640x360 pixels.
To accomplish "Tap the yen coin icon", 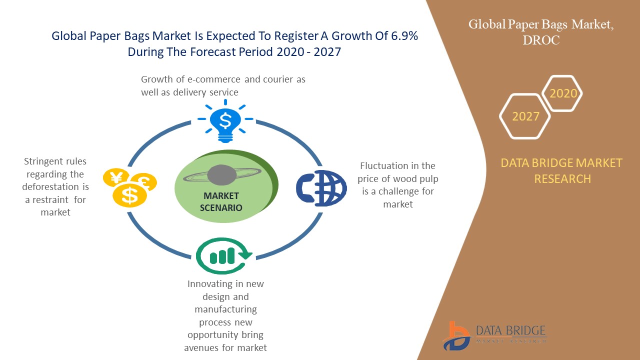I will (x=117, y=177).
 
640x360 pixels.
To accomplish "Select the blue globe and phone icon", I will (x=321, y=188).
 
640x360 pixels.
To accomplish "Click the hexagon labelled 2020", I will (x=563, y=93).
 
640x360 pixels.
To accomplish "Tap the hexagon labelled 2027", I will (x=525, y=116).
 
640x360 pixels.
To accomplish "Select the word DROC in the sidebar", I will (x=541, y=40).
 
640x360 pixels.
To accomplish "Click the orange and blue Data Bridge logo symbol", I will (x=456, y=335).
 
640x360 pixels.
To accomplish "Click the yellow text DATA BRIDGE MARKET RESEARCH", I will (x=562, y=170).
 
